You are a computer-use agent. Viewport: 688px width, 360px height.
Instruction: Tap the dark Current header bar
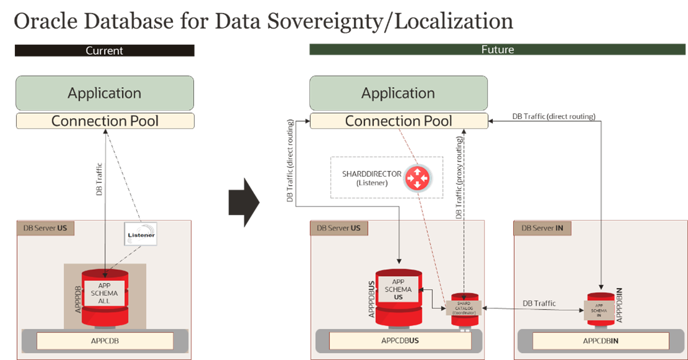pos(105,50)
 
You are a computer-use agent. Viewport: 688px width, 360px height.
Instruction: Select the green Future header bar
pos(497,50)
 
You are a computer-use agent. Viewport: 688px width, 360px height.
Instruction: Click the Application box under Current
pos(105,93)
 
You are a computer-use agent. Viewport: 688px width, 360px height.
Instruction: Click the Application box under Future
pos(398,93)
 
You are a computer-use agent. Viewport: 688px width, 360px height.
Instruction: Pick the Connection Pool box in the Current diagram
pos(105,121)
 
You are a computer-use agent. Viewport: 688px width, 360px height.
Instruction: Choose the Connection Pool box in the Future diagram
pos(398,121)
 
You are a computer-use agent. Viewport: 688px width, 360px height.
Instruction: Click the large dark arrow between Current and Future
pos(244,202)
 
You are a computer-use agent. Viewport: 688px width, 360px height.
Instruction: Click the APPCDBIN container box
pos(600,341)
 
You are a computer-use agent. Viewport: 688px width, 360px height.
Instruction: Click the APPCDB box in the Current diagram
pos(105,341)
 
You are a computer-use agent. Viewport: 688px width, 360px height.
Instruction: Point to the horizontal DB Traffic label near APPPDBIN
pos(539,303)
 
